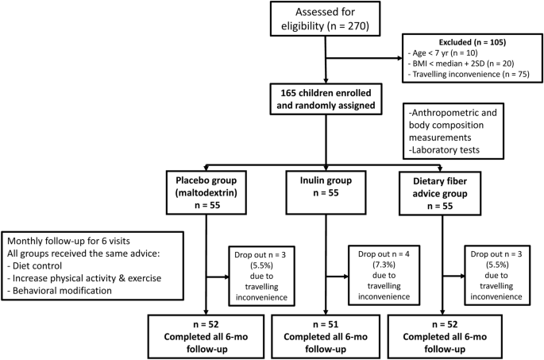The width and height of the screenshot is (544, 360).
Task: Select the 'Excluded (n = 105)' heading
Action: [x=473, y=42]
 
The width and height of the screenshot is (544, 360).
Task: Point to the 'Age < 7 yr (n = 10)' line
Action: [x=443, y=52]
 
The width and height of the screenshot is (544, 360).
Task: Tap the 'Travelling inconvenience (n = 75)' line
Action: [x=469, y=74]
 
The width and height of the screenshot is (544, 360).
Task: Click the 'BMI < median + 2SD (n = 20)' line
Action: [x=461, y=64]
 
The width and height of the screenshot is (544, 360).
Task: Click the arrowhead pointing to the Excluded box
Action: [x=399, y=58]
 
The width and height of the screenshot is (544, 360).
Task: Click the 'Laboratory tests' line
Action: [x=444, y=150]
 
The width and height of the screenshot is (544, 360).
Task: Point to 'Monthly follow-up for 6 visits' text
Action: [x=68, y=241]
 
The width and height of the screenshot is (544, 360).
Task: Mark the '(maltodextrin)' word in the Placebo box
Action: [x=206, y=192]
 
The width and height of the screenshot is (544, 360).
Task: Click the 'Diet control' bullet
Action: [x=35, y=266]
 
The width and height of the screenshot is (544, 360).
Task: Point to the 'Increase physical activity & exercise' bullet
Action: [x=84, y=278]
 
